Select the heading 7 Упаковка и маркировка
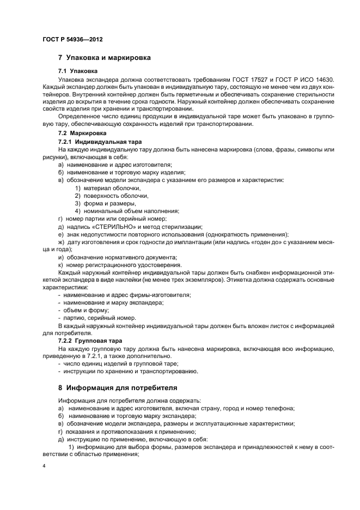[x=105, y=57]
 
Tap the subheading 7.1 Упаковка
[x=78, y=71]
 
